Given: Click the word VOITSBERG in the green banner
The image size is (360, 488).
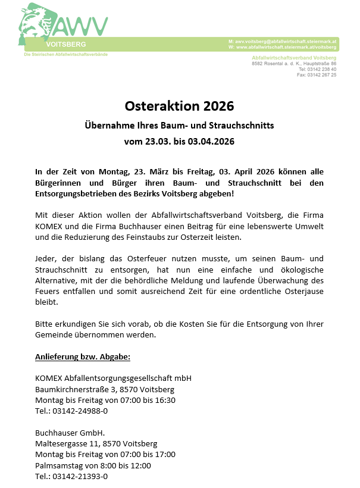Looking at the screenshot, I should [65, 45].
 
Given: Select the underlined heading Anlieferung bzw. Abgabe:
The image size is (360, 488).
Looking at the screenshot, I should [83, 356].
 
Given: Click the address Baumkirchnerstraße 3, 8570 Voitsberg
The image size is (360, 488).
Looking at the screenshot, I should [105, 389].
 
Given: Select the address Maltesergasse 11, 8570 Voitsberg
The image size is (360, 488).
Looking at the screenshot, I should [96, 443].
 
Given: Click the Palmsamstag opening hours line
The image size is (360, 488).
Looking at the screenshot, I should [93, 465].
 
